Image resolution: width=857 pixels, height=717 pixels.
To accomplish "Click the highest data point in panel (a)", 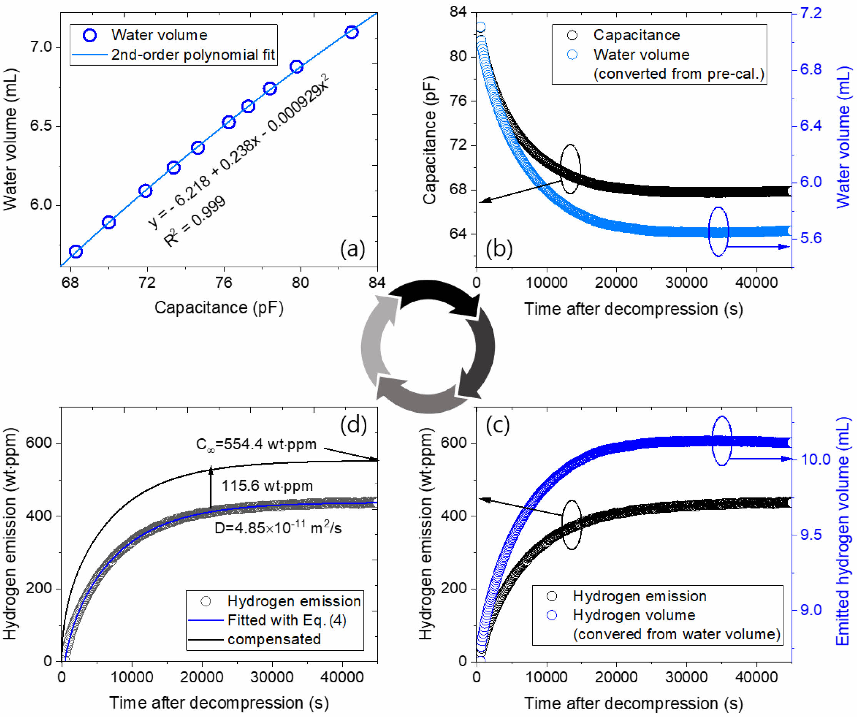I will tap(351, 32).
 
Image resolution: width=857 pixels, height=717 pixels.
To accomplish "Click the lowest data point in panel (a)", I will tap(76, 252).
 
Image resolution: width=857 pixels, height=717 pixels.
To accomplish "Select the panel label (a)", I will tap(352, 248).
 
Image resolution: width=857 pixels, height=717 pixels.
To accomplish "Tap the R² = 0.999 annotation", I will tap(195, 222).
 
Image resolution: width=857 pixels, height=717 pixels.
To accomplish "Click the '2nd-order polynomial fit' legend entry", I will tap(193, 55).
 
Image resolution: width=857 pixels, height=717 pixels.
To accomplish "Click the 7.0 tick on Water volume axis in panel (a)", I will tap(41, 47).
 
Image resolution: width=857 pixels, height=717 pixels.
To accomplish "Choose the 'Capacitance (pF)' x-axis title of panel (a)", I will tap(219, 308).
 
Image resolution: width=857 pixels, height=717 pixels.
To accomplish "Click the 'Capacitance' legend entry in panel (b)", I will tap(636, 35).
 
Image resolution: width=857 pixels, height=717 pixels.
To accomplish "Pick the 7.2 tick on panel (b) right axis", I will tap(810, 13).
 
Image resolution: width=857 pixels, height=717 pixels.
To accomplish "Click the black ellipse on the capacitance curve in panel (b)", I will tap(570, 168).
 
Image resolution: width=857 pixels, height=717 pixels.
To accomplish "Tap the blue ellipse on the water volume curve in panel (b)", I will tap(718, 232).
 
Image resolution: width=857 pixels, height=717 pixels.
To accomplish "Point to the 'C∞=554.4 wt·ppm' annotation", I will tap(256, 444).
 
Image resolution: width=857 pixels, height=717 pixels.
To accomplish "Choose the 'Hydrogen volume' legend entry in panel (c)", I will tap(634, 615).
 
